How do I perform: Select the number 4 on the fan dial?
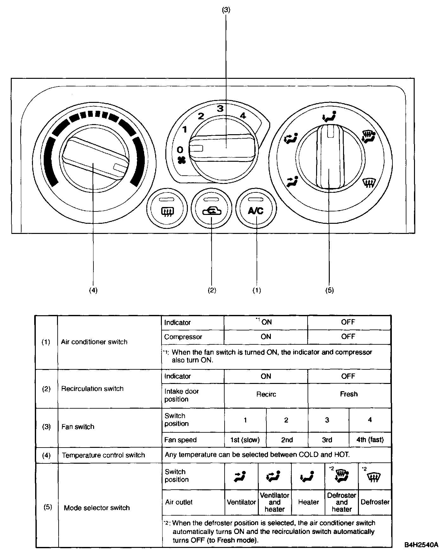[243, 116]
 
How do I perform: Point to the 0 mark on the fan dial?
[180, 149]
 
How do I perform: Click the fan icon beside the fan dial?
[181, 160]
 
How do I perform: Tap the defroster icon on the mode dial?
[369, 183]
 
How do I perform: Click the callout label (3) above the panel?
[226, 10]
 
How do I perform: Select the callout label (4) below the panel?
[93, 290]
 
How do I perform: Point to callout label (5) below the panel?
[329, 290]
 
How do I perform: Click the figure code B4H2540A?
[421, 545]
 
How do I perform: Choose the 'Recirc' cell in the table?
[266, 394]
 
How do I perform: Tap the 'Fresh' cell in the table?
[349, 394]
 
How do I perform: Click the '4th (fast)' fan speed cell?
[370, 440]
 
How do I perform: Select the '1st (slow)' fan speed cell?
[245, 440]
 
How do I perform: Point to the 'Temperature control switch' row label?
[103, 455]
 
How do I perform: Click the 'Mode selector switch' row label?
[97, 508]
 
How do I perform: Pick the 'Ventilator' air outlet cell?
[241, 502]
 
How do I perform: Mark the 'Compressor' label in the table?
[183, 337]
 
